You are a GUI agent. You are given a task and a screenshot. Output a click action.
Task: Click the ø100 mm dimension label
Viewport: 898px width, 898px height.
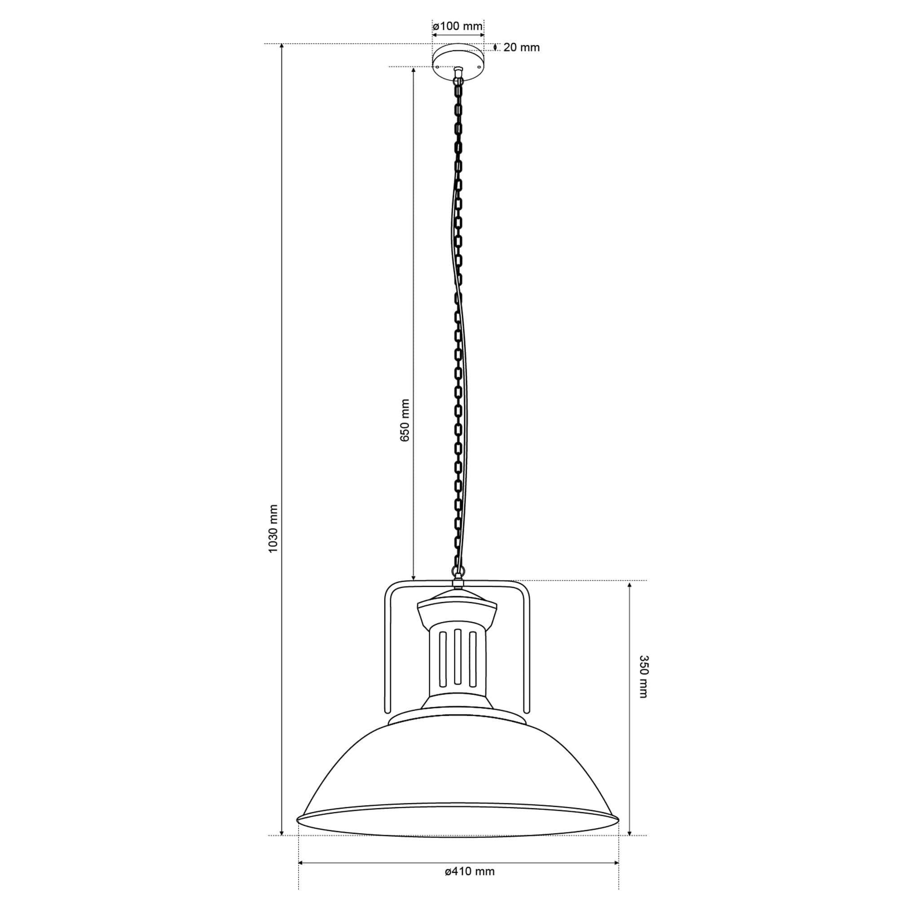(x=458, y=26)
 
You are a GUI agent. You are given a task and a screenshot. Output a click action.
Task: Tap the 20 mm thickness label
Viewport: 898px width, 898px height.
(x=521, y=48)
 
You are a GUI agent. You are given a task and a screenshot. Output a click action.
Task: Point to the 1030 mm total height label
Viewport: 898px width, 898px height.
(x=273, y=528)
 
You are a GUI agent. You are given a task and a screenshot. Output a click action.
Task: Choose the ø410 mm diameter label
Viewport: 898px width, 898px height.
(x=470, y=872)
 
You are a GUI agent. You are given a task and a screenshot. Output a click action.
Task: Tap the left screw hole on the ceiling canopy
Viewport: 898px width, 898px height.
(x=438, y=66)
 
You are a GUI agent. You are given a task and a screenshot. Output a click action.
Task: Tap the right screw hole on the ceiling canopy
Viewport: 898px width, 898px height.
(x=479, y=66)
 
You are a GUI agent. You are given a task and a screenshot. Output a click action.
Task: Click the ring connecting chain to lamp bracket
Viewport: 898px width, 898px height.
(x=458, y=571)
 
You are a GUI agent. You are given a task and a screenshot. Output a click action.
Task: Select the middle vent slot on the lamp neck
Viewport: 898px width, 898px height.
(x=458, y=657)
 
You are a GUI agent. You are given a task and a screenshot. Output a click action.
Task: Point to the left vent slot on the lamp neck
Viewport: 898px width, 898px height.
(x=443, y=659)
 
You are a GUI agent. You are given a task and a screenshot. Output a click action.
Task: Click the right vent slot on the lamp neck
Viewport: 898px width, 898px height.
(x=473, y=659)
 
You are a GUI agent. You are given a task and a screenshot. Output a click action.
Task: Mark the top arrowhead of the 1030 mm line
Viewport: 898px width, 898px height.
(x=282, y=47)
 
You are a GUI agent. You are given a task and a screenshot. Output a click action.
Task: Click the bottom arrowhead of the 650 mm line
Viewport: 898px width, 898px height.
(x=413, y=577)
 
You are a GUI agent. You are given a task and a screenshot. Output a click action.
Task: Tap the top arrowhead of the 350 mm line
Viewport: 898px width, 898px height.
(x=629, y=584)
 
